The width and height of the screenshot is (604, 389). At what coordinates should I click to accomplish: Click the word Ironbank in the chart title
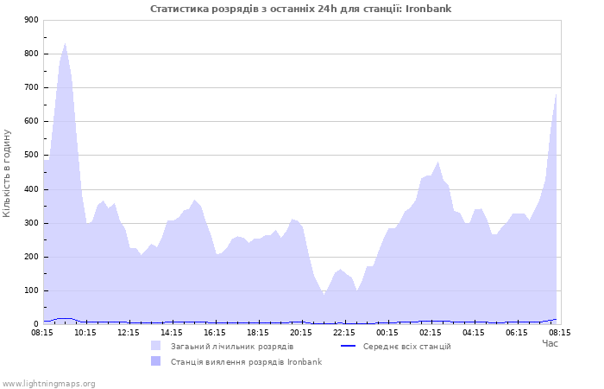[x=428, y=9]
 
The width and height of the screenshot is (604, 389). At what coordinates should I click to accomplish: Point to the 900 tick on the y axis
[x=31, y=20]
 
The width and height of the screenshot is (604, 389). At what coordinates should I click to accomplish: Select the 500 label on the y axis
[x=31, y=155]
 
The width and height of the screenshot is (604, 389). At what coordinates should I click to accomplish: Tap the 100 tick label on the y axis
[x=31, y=290]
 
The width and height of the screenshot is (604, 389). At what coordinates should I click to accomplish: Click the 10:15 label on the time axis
[x=85, y=332]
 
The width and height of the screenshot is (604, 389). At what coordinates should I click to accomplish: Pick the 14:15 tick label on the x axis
[x=172, y=332]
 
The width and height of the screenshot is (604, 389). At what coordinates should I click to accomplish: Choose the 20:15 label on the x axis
[x=301, y=332]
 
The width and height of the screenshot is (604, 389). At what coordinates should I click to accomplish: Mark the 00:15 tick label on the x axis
[x=387, y=332]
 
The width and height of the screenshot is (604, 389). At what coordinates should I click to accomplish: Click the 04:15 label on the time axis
[x=474, y=332]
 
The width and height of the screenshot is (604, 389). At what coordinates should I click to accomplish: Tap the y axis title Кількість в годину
[x=7, y=173]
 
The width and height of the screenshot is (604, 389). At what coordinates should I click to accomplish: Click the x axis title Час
[x=550, y=343]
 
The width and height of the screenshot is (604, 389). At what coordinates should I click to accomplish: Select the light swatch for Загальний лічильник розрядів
[x=155, y=346]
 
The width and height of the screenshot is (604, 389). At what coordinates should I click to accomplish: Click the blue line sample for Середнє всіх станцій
[x=349, y=346]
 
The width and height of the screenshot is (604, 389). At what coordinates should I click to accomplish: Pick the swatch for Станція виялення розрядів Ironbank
[x=155, y=361]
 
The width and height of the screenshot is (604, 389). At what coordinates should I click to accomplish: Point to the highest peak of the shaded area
[x=65, y=43]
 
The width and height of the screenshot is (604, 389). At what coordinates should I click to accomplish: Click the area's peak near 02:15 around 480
[x=438, y=163]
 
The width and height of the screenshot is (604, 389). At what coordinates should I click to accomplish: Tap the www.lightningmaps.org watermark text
[x=47, y=384]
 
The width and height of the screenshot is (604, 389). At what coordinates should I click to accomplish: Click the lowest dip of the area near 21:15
[x=324, y=296]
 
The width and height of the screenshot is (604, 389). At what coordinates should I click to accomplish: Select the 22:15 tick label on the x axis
[x=344, y=332]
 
